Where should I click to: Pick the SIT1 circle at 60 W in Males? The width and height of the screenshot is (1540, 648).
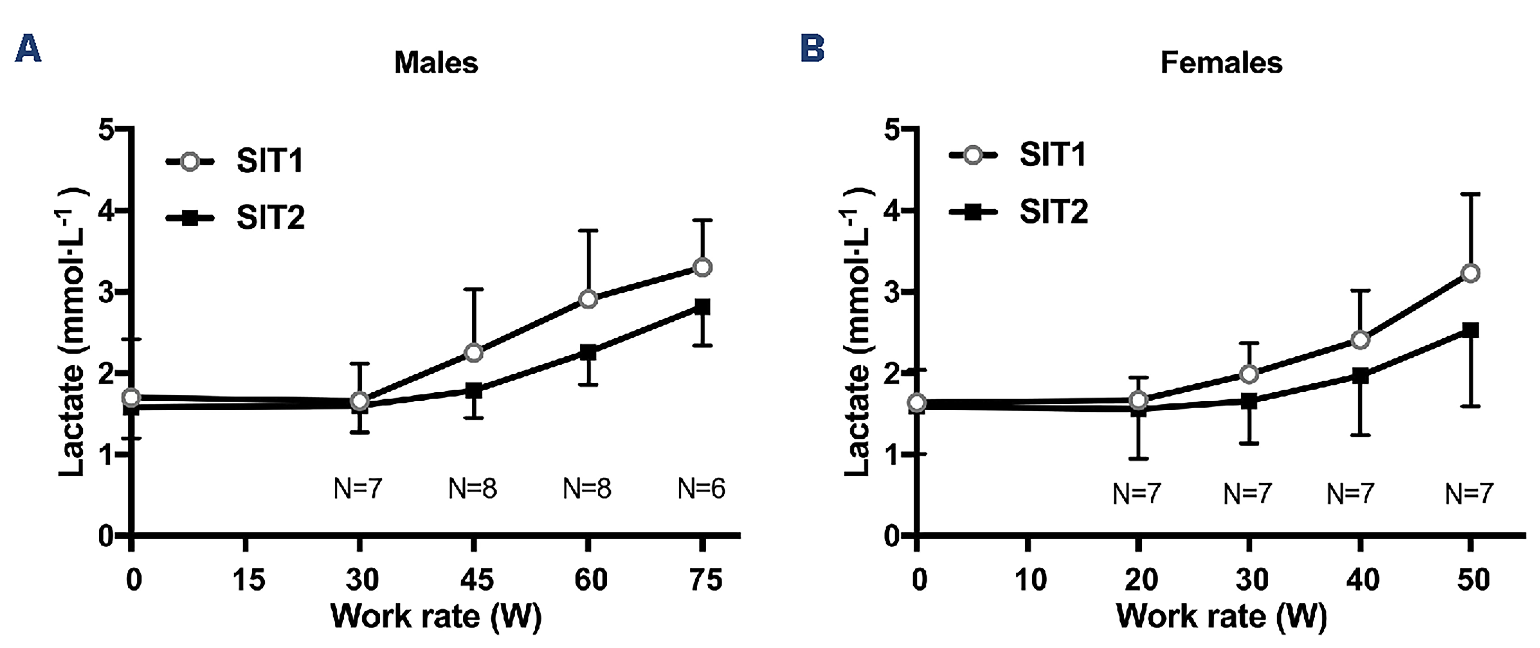[588, 299]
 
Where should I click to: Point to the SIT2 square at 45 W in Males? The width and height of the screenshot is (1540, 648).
[474, 391]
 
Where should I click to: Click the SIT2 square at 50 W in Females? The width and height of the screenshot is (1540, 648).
[1470, 330]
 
